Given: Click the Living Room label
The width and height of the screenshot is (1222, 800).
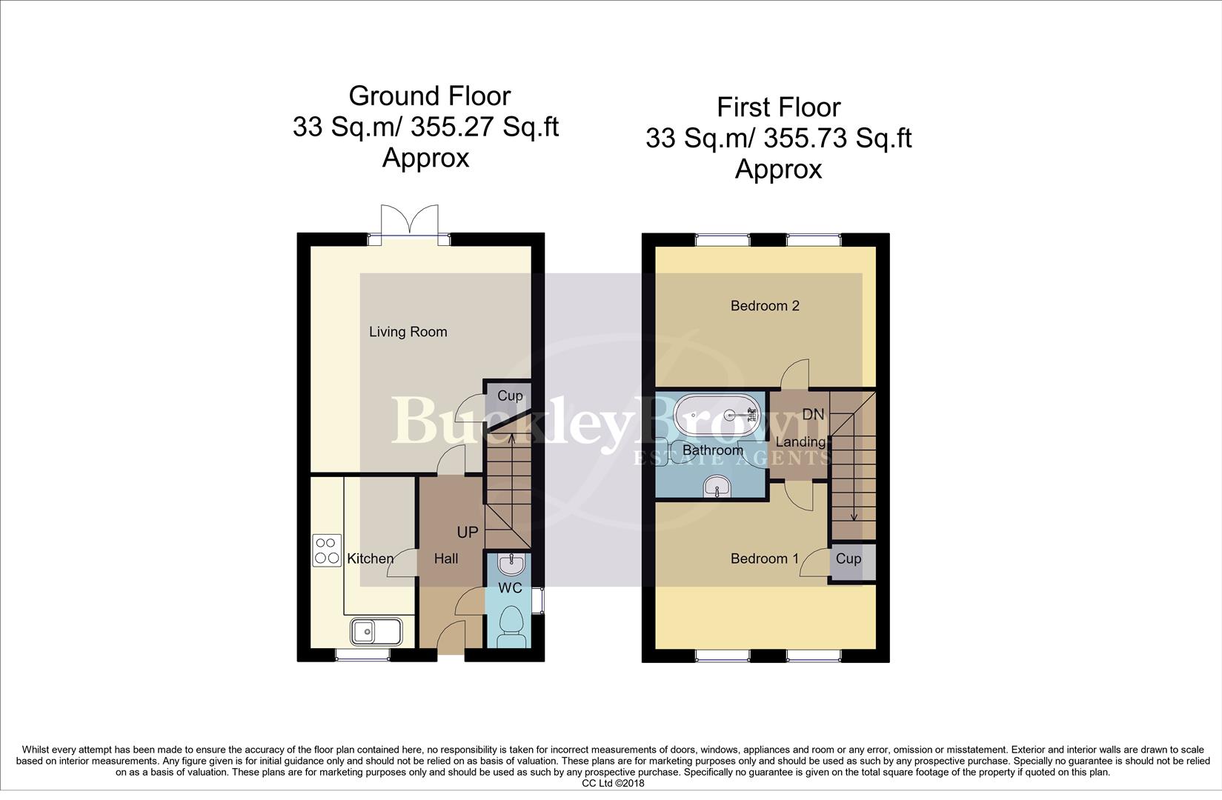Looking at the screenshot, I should point(408,332).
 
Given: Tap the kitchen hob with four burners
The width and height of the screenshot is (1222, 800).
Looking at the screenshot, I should point(327,550).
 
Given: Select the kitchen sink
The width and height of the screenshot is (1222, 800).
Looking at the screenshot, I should point(376,632).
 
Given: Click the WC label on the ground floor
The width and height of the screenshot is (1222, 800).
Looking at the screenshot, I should point(510,588).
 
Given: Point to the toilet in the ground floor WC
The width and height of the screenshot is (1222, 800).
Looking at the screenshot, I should point(512,625).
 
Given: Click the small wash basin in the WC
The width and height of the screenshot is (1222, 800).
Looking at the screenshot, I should point(511,566).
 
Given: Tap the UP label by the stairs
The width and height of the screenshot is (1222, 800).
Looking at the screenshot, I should point(467,533).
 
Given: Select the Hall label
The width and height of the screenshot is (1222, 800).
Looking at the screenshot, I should point(445,559).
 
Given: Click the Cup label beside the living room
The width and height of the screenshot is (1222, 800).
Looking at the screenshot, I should point(509,396).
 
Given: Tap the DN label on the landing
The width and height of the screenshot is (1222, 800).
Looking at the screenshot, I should point(813,415).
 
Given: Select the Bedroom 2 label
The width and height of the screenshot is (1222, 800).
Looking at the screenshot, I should point(765,306).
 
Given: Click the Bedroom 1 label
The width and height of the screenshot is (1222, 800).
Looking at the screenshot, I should point(765,559).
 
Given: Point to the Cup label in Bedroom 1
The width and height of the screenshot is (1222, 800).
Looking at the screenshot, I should point(849,559).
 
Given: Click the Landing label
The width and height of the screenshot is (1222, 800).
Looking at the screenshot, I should point(800,442).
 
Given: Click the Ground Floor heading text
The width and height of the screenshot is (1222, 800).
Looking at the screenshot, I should point(429,96).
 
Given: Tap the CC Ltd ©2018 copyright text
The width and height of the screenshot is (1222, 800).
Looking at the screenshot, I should point(613,783).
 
